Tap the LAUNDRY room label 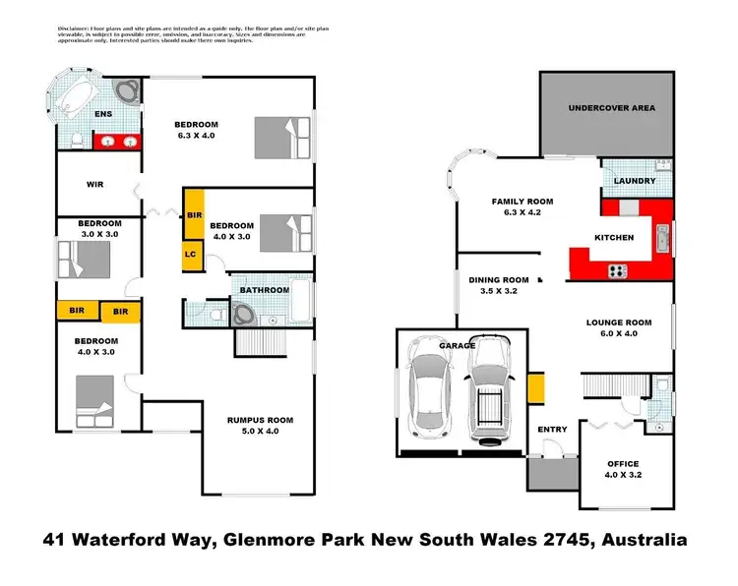tap(634, 181)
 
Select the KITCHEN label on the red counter tap(614, 238)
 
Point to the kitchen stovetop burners tap(620, 270)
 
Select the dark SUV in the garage tap(489, 388)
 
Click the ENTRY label tap(552, 429)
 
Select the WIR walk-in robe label tap(95, 184)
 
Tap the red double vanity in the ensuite tap(120, 142)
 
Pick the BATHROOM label tap(266, 290)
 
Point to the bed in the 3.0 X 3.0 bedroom tap(83, 261)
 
